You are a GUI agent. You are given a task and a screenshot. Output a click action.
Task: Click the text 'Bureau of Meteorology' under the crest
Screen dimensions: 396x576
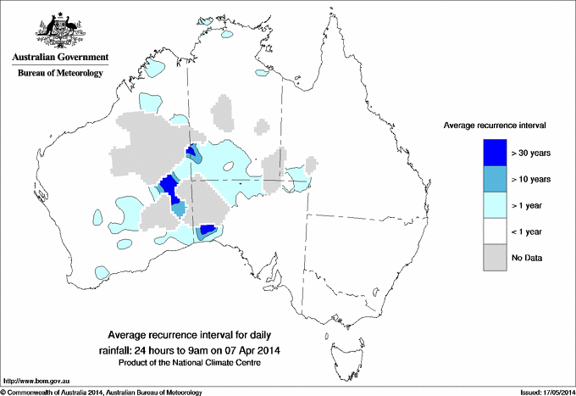(x=59, y=74)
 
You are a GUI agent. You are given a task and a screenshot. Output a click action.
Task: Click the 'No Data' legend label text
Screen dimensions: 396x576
(x=527, y=257)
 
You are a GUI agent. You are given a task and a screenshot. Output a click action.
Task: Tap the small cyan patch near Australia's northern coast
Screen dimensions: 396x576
(x=226, y=36)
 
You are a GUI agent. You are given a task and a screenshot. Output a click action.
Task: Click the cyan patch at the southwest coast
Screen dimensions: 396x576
(x=102, y=273)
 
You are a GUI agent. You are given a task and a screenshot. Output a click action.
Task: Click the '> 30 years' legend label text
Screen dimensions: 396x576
(x=531, y=153)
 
